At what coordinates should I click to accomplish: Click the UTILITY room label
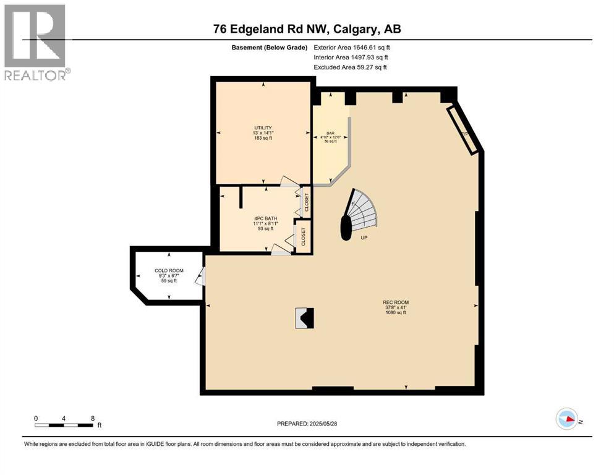click(262, 128)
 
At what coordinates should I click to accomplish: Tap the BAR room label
click(331, 133)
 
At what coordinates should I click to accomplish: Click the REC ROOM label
click(395, 302)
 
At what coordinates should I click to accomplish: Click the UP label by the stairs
click(364, 237)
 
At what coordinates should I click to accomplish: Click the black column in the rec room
click(304, 319)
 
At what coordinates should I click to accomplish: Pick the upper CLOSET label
click(306, 202)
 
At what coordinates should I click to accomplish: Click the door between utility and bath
click(289, 181)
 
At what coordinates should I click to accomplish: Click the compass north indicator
click(566, 419)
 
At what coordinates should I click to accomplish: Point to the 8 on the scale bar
click(93, 419)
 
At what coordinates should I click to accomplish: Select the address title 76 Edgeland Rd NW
click(307, 29)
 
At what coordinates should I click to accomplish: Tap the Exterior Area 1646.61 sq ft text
click(352, 47)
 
